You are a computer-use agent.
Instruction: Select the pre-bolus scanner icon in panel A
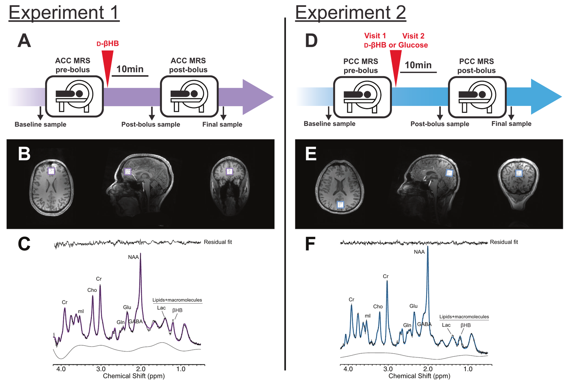point(74,96)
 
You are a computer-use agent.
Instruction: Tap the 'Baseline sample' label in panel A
point(40,124)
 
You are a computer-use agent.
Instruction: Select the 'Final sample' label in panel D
point(511,124)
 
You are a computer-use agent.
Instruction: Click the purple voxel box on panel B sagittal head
point(128,172)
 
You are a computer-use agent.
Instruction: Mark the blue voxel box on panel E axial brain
point(340,205)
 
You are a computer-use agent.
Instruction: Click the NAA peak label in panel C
point(133,257)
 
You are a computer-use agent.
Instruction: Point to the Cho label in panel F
point(378,307)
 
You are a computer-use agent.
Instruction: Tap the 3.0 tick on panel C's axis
point(101,369)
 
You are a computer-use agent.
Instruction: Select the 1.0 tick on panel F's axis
point(468,369)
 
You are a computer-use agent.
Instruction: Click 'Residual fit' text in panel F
point(504,242)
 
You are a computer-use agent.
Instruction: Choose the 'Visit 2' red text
point(413,36)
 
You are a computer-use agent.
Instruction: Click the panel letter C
point(24,244)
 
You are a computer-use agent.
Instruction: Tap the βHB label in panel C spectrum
point(177,310)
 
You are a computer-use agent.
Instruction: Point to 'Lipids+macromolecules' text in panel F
point(464,317)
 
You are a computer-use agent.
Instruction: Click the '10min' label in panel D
point(418,65)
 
